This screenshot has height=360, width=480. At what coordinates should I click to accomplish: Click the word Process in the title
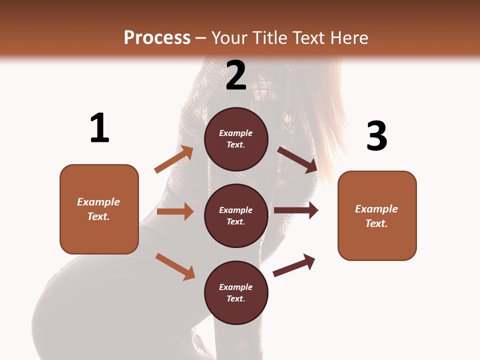tap(157, 38)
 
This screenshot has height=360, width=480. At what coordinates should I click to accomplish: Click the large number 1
tap(99, 128)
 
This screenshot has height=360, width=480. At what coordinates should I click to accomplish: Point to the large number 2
tap(236, 75)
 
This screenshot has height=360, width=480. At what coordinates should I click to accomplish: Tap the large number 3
tap(376, 136)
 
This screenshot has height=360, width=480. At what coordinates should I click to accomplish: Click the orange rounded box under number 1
tap(99, 209)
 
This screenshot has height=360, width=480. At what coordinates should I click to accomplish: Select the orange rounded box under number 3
tap(377, 215)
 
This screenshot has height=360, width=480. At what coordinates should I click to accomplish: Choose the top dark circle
tap(236, 139)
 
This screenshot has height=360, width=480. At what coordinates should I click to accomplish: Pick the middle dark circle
tap(236, 215)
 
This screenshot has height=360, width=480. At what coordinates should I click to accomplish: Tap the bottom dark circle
tap(236, 292)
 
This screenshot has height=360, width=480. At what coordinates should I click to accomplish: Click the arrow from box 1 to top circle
tap(173, 159)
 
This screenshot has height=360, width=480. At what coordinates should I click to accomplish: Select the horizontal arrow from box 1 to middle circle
tap(175, 211)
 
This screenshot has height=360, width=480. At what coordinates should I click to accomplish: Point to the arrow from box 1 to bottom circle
tap(175, 266)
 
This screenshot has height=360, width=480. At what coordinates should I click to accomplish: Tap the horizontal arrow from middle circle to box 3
tap(296, 210)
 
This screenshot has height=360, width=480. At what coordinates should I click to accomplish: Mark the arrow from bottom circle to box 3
tap(294, 265)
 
